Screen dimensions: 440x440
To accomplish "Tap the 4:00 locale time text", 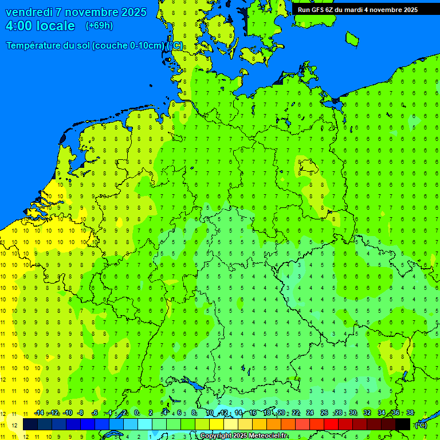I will tap(40, 26).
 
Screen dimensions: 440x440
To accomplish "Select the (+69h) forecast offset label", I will tap(99, 26).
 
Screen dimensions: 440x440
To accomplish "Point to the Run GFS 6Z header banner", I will tap(357, 10).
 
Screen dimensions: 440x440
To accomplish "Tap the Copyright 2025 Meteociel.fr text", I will tap(244, 436).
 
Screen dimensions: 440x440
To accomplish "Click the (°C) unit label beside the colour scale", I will tap(421, 425).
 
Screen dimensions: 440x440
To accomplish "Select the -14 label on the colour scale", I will tap(39, 413).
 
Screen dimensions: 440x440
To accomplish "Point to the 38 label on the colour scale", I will tap(410, 413).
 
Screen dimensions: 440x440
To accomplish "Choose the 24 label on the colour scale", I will tap(310, 413).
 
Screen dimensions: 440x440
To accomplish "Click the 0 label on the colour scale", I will tap(136, 413).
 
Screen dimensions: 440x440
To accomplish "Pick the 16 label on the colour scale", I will tap(253, 413).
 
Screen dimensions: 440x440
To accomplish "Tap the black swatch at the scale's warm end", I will tap(403, 424).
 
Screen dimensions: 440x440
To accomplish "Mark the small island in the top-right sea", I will tap(352, 38).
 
